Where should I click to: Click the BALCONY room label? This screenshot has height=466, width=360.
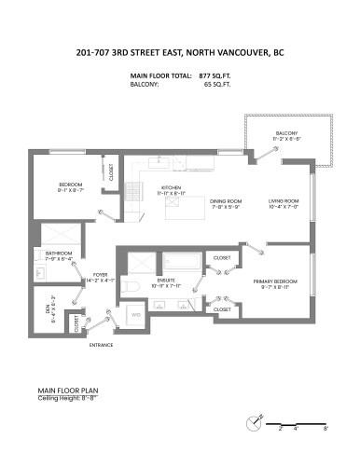pyautogui.click(x=286, y=133)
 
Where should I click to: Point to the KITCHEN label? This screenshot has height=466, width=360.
pyautogui.click(x=171, y=187)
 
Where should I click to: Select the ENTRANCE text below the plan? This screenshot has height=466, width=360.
pyautogui.click(x=101, y=345)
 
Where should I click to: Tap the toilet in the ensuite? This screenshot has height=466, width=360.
pyautogui.click(x=132, y=288)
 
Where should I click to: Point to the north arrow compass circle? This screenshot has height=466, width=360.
pyautogui.click(x=253, y=423)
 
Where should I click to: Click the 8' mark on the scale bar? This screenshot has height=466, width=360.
pyautogui.click(x=325, y=429)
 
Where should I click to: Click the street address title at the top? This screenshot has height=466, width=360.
pyautogui.click(x=180, y=52)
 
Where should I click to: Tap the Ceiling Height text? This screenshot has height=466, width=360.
pyautogui.click(x=66, y=397)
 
